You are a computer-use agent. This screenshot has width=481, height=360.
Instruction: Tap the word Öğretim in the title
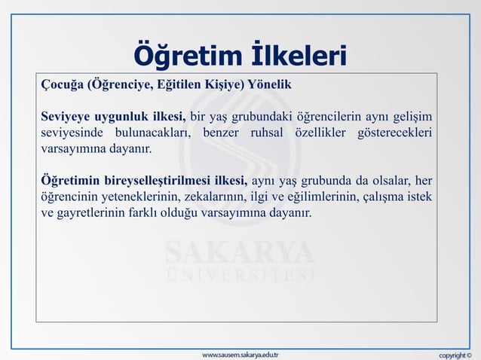[184, 55]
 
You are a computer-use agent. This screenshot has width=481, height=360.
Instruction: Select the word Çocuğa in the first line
[63, 84]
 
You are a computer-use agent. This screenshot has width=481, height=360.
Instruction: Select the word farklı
[154, 213]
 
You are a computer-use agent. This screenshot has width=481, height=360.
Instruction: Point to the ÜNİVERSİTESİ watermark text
[240, 273]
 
